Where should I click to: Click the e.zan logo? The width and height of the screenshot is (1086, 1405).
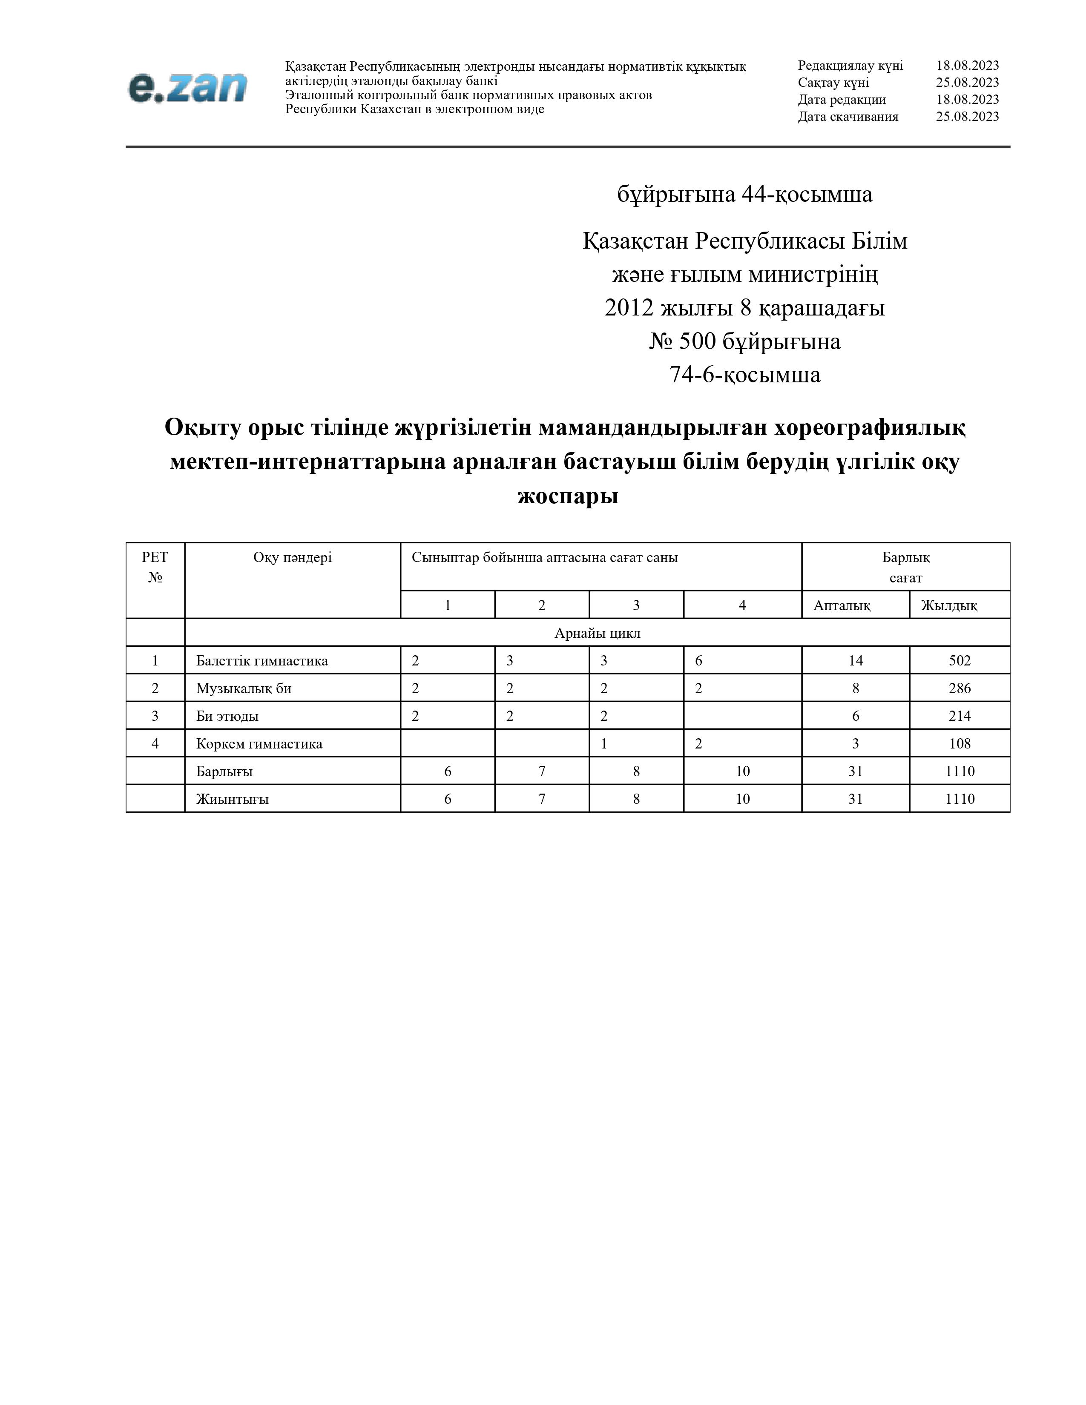187,87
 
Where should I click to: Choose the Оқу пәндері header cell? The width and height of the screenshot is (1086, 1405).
292,557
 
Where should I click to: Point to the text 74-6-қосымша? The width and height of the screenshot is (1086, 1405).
744,374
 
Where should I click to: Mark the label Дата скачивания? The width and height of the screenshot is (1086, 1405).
848,116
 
